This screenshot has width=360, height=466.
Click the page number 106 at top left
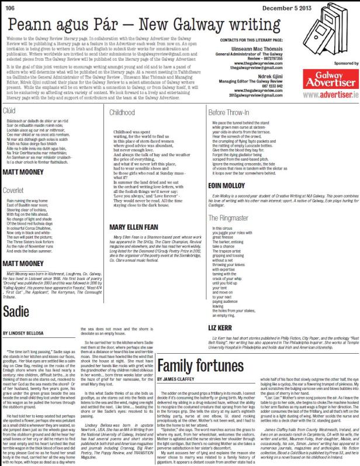pos(9,5)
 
